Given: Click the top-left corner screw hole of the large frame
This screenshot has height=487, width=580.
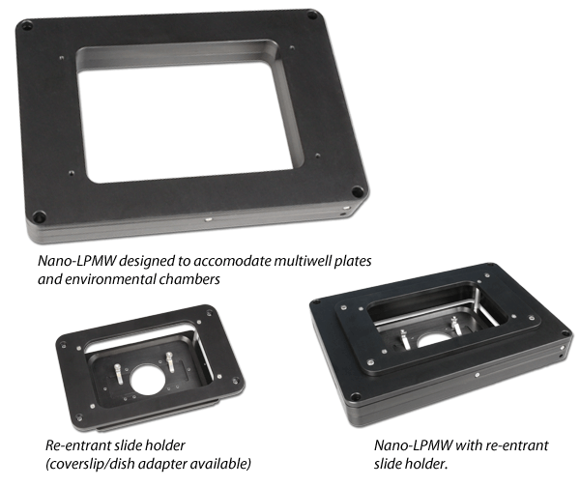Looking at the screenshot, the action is [27, 26].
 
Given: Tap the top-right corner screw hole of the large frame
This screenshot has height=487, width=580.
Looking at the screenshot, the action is [312, 15].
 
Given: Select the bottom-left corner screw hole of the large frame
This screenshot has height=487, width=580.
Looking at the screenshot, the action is [39, 216].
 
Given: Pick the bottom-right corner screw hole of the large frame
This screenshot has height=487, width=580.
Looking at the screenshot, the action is [358, 191].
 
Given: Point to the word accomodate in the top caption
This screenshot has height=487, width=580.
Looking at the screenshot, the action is [232, 261].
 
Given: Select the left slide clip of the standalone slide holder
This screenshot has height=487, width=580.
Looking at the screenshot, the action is [119, 373].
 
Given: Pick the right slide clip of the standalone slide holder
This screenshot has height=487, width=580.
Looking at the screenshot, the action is [170, 361].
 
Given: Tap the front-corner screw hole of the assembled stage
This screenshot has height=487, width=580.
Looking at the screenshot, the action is [355, 397].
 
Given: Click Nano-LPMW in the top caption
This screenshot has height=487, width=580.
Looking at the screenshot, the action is [77, 261].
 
